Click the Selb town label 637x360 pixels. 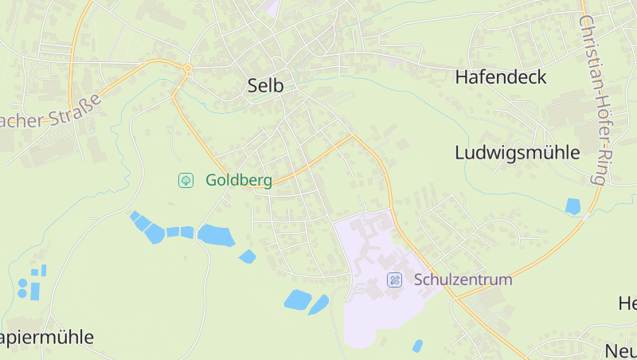pos(265,86)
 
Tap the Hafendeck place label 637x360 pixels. pos(501,77)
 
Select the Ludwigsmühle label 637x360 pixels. pos(517,153)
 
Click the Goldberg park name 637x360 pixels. pos(238,180)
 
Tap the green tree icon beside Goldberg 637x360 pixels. pos(186,180)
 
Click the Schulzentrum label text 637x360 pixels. pos(463,280)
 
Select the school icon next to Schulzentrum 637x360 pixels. pos(394,280)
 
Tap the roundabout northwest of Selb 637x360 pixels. pos(188,68)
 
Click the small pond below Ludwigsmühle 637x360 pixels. pos(573,206)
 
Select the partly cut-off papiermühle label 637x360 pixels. pos(47,337)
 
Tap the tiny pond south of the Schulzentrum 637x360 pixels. pos(417,346)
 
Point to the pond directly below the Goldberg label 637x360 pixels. pos(215,235)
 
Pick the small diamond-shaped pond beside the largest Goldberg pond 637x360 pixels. pos(248,256)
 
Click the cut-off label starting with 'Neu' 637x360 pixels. pos(620,350)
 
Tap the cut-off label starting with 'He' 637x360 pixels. pos(627,303)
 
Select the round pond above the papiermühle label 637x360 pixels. pos(23,283)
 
